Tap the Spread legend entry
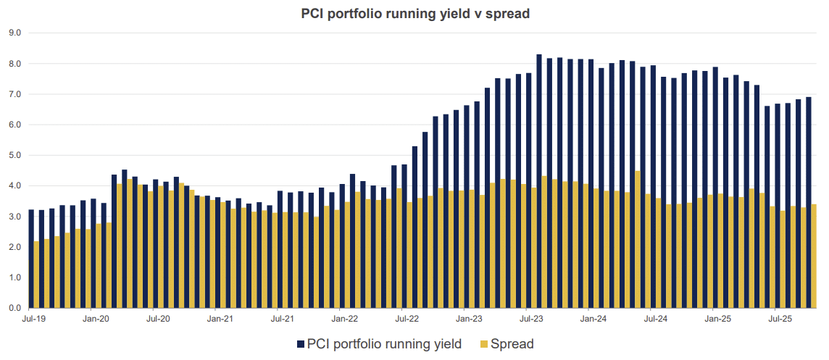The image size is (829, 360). tap(512, 344)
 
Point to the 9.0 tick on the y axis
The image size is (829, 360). tap(14, 33)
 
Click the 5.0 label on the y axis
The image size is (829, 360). tap(14, 156)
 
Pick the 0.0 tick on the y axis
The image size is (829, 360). tap(14, 309)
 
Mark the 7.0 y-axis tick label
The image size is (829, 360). tap(14, 94)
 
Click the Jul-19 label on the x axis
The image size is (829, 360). tap(33, 318)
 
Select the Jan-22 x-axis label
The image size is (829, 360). tap(345, 318)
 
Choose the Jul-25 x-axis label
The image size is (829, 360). tap(778, 318)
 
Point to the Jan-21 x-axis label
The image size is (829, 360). tap(220, 318)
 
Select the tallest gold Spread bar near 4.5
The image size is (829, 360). tap(638, 239)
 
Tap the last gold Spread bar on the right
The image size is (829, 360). tap(815, 256)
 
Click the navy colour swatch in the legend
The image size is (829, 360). tap(301, 344)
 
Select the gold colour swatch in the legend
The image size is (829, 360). tap(484, 344)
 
